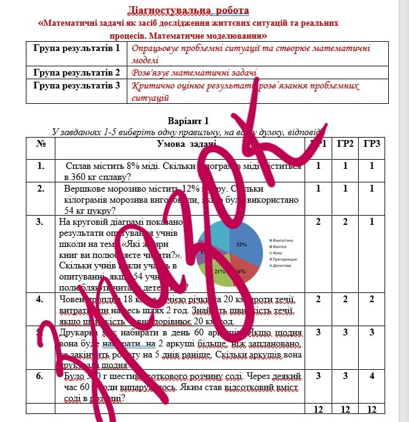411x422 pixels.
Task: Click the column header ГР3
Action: (371, 144)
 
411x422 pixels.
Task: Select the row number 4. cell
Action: (41, 300)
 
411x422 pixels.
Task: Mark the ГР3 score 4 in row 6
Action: (371, 375)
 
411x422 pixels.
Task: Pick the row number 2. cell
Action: (41, 189)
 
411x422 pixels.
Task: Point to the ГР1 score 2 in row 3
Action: (318, 222)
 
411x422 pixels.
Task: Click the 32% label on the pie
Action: (241, 244)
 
